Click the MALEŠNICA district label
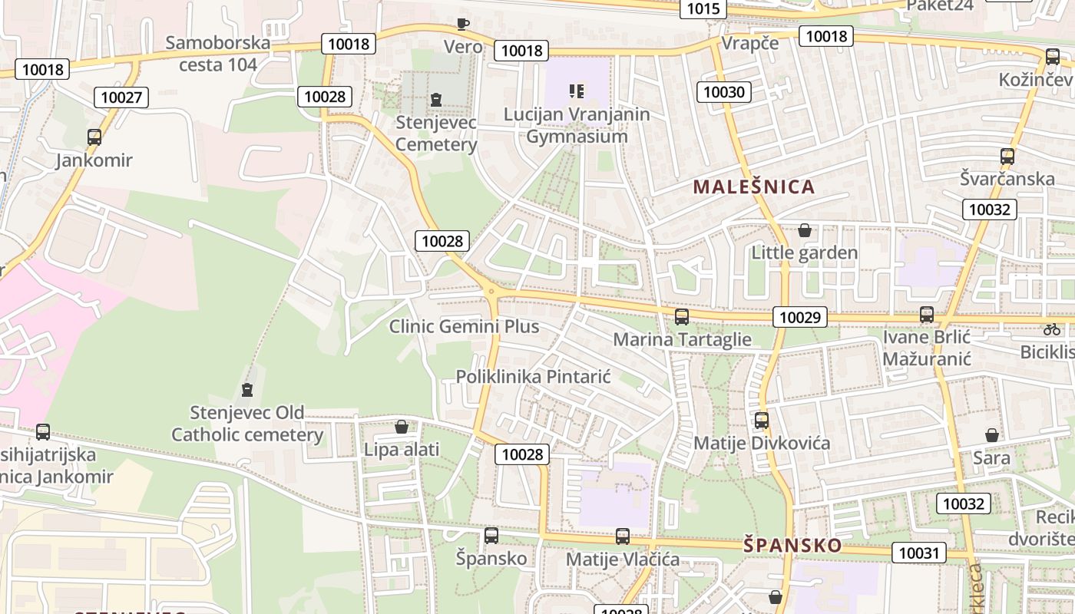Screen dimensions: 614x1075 pos(753,187)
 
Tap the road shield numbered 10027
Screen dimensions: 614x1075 pos(121,97)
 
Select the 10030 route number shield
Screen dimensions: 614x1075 pos(724,92)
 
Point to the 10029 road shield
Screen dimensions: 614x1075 pos(800,317)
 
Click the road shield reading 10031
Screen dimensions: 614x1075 pos(918,553)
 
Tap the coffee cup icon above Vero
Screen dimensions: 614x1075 pos(462,24)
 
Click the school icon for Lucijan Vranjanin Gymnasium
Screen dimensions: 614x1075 pos(577,91)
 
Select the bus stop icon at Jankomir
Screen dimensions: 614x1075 pos(94,137)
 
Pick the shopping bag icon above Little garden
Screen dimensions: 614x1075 pos(804,230)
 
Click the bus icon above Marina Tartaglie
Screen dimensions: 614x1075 pos(681,316)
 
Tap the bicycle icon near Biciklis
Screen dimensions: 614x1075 pos(1052,329)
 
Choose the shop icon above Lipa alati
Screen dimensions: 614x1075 pos(401,427)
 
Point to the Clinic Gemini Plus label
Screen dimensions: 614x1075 pos(464,326)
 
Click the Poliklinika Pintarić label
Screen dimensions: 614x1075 pos(533,377)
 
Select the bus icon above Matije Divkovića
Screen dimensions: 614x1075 pos(761,421)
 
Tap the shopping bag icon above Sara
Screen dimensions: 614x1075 pos(991,435)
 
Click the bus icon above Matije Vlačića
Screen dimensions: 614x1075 pos(622,536)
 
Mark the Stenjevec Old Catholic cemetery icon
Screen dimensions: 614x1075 pos(246,390)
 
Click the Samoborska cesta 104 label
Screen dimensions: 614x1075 pos(218,53)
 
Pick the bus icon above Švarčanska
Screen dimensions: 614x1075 pos(1007,157)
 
